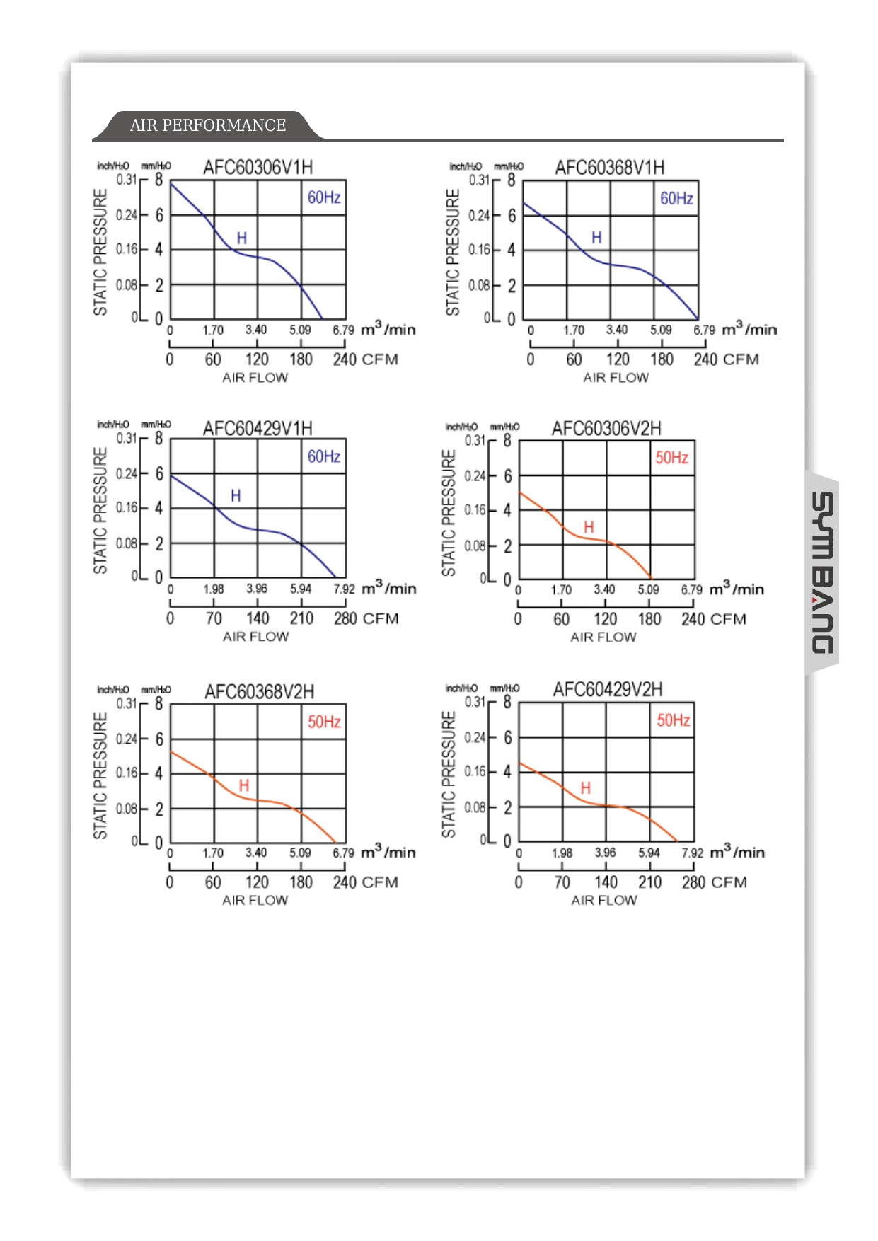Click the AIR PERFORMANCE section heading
(x=208, y=125)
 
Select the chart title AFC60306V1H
(x=258, y=168)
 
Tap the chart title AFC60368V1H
(x=609, y=168)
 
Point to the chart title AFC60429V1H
(x=258, y=429)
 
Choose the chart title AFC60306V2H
(x=606, y=429)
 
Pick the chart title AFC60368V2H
(x=259, y=692)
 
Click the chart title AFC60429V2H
(x=608, y=690)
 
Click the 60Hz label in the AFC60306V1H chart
(x=324, y=197)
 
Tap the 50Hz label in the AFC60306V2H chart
(x=671, y=458)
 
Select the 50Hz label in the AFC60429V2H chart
(x=673, y=720)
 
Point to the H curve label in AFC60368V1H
(x=596, y=238)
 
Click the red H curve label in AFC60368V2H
(x=244, y=785)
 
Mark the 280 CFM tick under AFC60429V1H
(x=345, y=618)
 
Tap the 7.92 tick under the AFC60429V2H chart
(x=692, y=853)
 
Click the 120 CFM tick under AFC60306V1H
(x=257, y=359)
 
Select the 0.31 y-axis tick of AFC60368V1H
(x=479, y=180)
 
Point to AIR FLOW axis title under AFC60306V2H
(x=603, y=637)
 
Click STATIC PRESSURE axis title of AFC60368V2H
(x=100, y=775)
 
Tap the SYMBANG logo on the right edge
(x=822, y=573)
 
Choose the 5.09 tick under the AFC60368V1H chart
(x=661, y=330)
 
